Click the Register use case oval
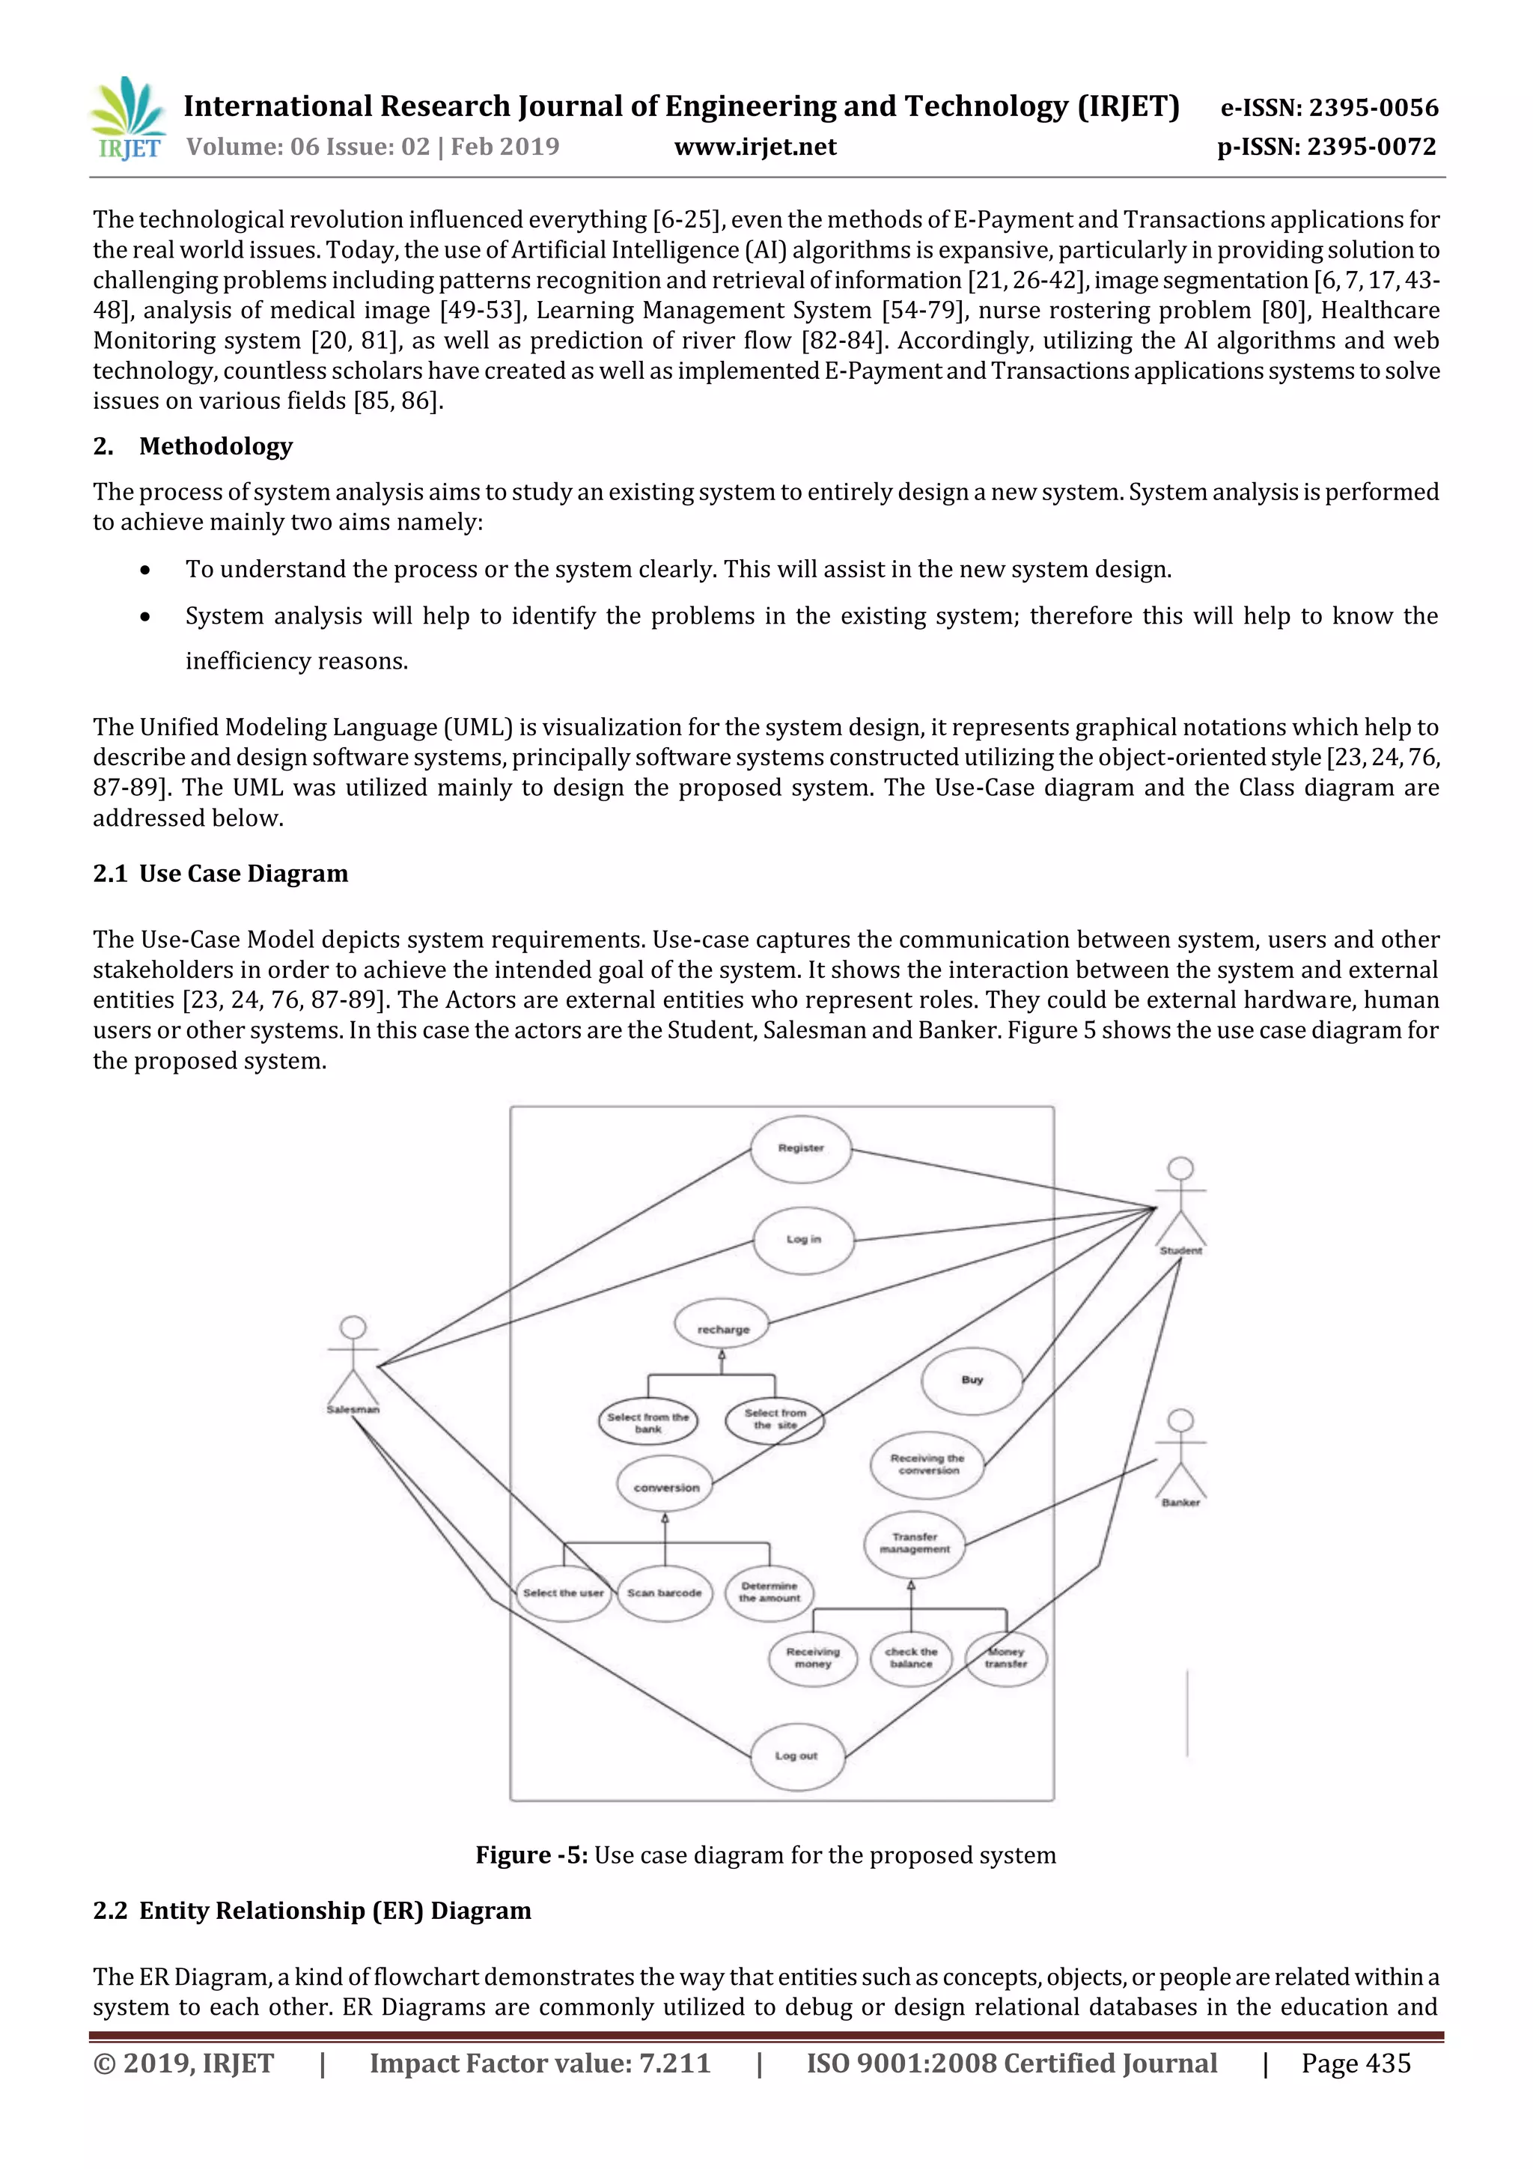(801, 1149)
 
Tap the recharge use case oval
(722, 1329)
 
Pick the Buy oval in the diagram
(972, 1380)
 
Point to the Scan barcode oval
(664, 1592)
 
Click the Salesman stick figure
(353, 1360)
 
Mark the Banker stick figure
(1180, 1454)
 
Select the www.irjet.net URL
(755, 147)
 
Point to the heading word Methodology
(216, 446)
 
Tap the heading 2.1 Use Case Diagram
(220, 873)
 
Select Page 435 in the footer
(1356, 2063)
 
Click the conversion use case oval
(666, 1487)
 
